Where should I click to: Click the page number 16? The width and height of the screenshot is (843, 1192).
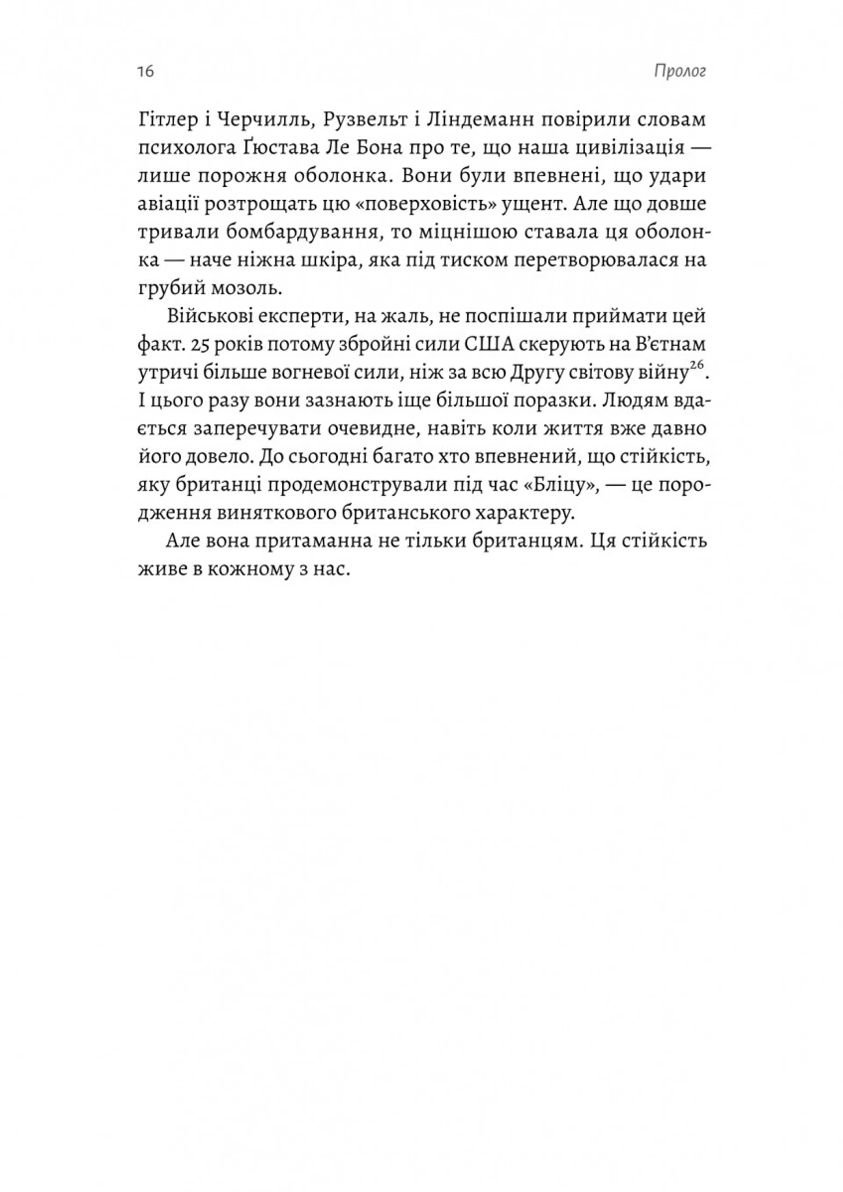coord(146,71)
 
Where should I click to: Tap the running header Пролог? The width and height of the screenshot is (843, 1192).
coord(680,71)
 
